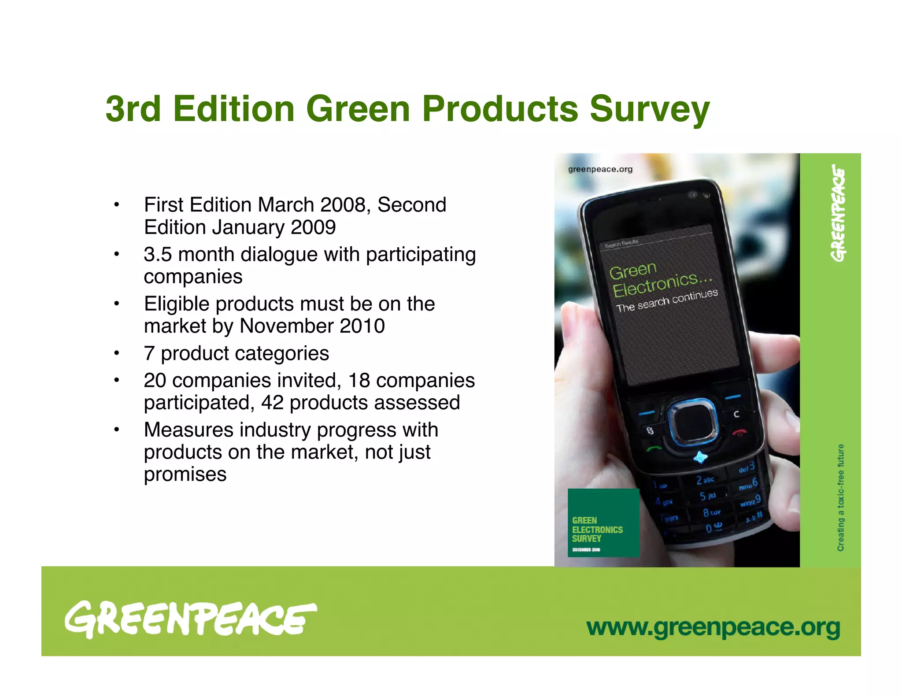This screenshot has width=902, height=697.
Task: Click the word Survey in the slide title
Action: tap(649, 109)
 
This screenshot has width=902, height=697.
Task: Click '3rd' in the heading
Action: tap(133, 109)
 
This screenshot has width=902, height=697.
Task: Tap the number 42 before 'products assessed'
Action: tap(272, 403)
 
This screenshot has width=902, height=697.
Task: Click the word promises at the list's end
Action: tap(185, 475)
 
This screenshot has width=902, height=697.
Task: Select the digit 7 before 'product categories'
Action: tap(149, 353)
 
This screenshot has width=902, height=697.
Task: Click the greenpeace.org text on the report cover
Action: tap(600, 169)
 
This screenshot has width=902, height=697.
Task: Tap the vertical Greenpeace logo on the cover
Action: tap(839, 213)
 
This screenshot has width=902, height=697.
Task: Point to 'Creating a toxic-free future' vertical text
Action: tap(840, 497)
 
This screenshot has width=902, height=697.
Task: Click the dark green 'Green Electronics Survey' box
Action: tap(603, 523)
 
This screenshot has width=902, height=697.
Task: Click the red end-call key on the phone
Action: tap(739, 433)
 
